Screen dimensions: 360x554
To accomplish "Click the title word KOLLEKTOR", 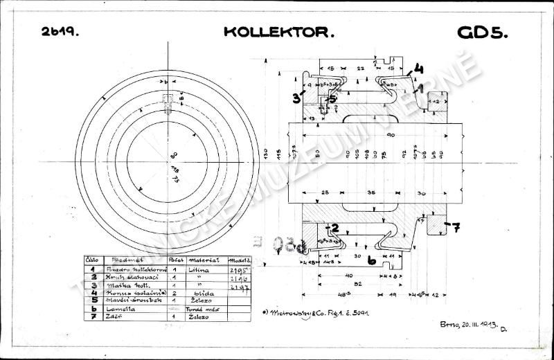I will pyautogui.click(x=279, y=32).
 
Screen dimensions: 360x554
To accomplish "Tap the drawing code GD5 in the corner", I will pyautogui.click(x=483, y=33).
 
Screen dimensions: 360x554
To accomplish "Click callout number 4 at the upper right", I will pyautogui.click(x=419, y=69).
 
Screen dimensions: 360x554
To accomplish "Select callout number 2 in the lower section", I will pyautogui.click(x=333, y=227).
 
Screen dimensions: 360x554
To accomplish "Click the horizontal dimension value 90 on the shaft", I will pyautogui.click(x=391, y=135).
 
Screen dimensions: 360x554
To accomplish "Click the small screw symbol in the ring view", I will pyautogui.click(x=167, y=104).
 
